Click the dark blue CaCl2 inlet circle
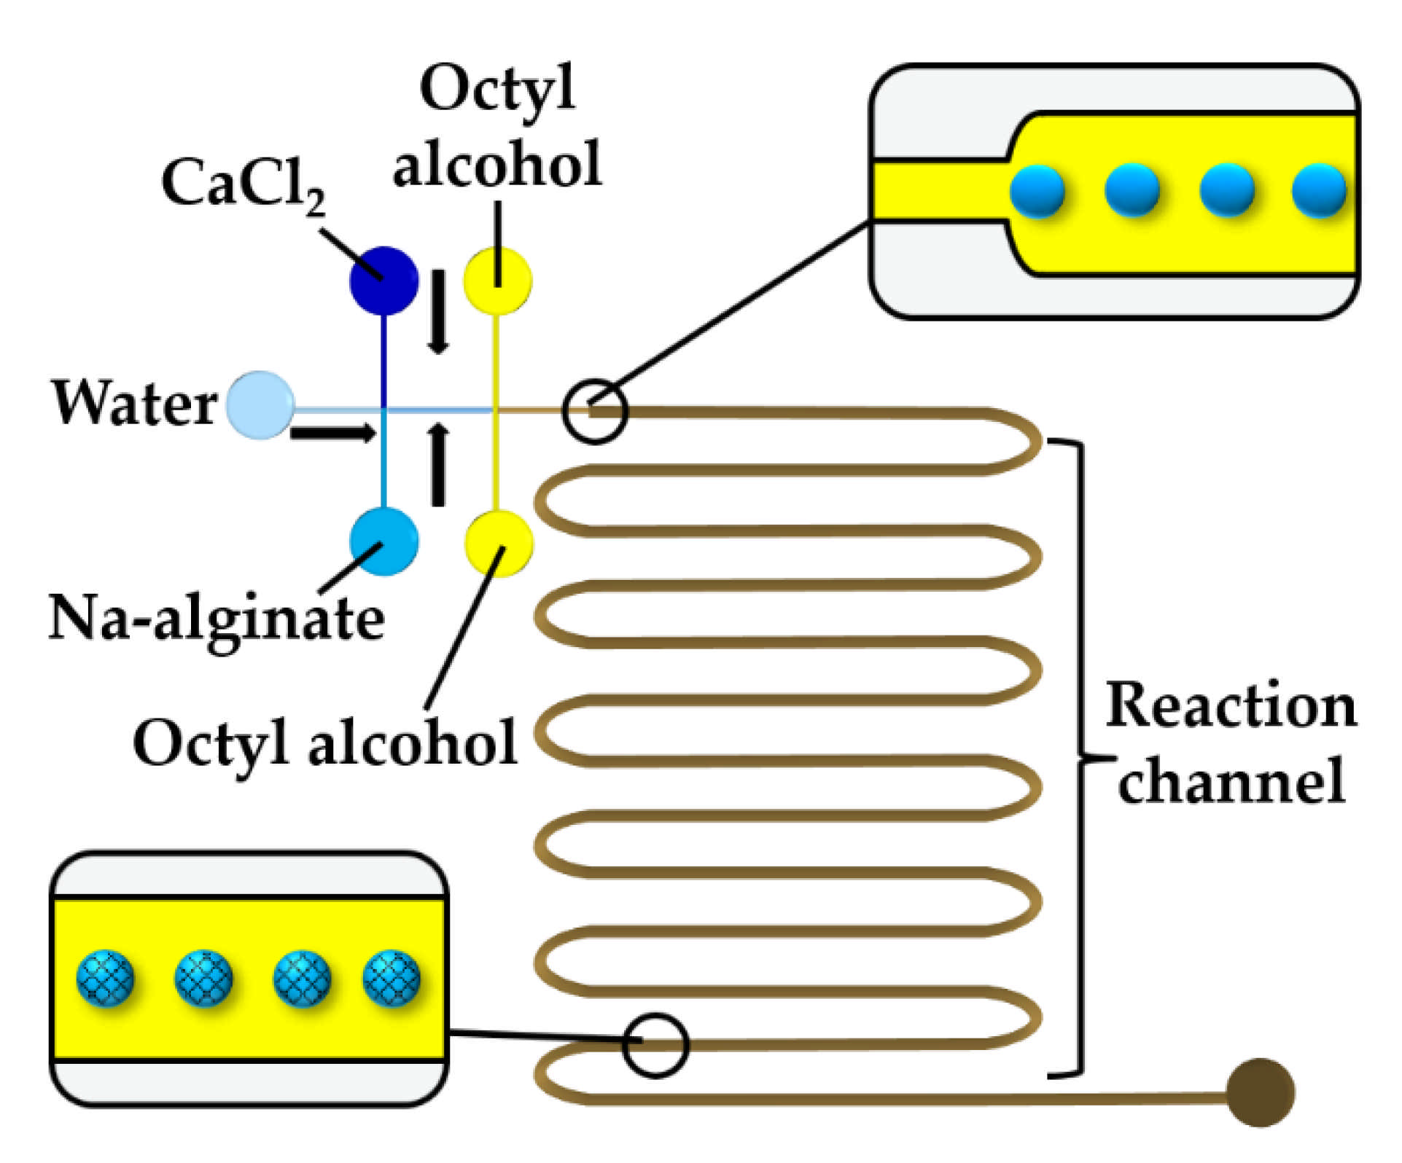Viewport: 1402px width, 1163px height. pyautogui.click(x=384, y=281)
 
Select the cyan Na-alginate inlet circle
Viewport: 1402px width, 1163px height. pyautogui.click(x=384, y=541)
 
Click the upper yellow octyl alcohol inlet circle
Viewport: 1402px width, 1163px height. pyautogui.click(x=498, y=281)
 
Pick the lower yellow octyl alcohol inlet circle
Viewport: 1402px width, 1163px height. pyautogui.click(x=499, y=544)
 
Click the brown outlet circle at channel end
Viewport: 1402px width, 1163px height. pyautogui.click(x=1260, y=1092)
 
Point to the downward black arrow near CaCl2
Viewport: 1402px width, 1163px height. pyautogui.click(x=437, y=312)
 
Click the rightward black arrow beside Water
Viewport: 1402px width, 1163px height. pyautogui.click(x=332, y=433)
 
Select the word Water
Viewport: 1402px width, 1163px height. pyautogui.click(x=134, y=403)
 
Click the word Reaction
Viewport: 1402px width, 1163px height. pyautogui.click(x=1231, y=706)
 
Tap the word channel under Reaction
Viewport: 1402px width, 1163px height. pyautogui.click(x=1231, y=780)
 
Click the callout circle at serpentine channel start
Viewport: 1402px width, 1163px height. pyautogui.click(x=595, y=412)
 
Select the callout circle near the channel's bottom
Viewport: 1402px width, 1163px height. pyautogui.click(x=655, y=1045)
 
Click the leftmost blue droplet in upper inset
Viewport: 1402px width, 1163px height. pyautogui.click(x=1037, y=192)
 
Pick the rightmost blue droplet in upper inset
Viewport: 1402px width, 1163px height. pyautogui.click(x=1318, y=191)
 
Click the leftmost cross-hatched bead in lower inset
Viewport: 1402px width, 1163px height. pyautogui.click(x=106, y=978)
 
